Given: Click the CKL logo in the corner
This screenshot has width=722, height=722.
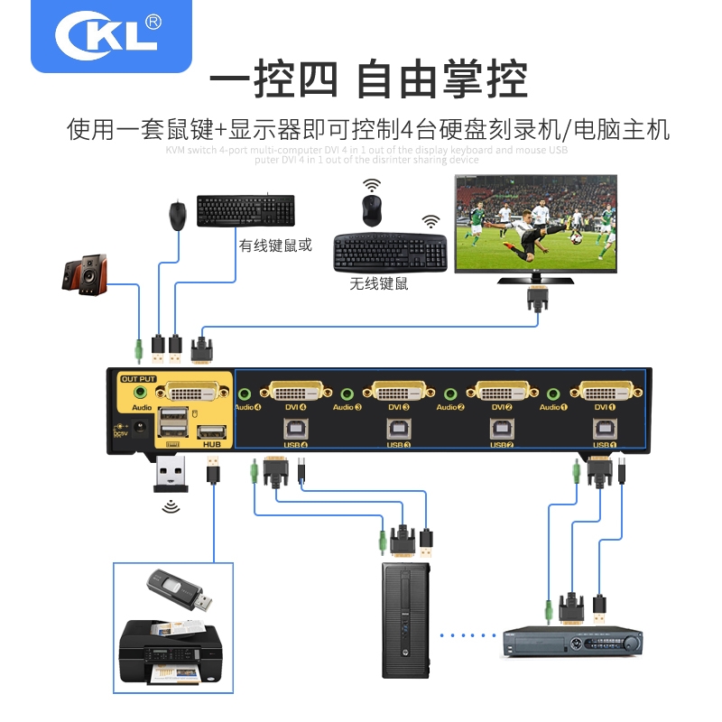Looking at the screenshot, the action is pos(110,34).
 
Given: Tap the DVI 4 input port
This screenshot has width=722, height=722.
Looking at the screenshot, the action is pos(296,393).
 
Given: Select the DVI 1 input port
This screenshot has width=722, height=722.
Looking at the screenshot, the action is pos(611,393).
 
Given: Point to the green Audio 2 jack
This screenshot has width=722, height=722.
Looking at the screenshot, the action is pos(451,393).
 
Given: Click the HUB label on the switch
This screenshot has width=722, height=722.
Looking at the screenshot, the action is pos(212,444).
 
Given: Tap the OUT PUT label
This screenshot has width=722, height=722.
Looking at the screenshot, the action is pos(138,378).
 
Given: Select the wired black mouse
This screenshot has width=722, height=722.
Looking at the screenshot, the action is pos(178,215).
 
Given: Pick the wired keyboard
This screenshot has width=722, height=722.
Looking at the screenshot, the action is pos(245,211).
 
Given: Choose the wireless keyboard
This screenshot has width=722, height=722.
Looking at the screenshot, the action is pos(390,253).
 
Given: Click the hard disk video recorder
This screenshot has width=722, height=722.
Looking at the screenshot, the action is pos(572,642).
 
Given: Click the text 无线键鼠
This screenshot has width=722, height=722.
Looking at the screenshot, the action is pos(380,284).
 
